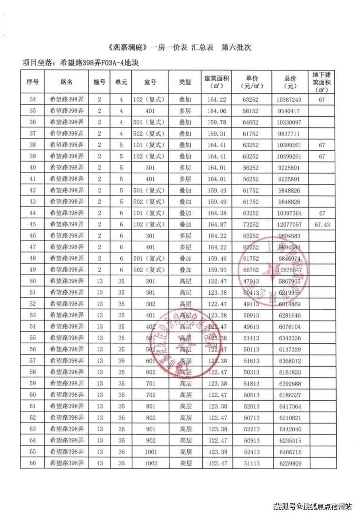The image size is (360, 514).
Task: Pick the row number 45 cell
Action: (33, 224)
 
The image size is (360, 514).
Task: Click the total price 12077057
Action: (292, 224)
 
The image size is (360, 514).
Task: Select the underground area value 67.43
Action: (321, 224)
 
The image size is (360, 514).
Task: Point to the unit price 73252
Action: (252, 224)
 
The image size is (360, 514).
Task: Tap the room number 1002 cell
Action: (151, 463)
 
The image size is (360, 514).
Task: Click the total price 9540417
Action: (292, 110)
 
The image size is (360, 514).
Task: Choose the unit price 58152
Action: (252, 110)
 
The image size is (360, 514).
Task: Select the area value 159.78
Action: (217, 122)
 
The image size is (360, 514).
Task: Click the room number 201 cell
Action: (151, 281)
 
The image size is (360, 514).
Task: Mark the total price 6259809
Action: (292, 463)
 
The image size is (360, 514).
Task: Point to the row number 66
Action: (33, 463)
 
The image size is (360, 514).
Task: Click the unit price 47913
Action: (252, 281)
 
